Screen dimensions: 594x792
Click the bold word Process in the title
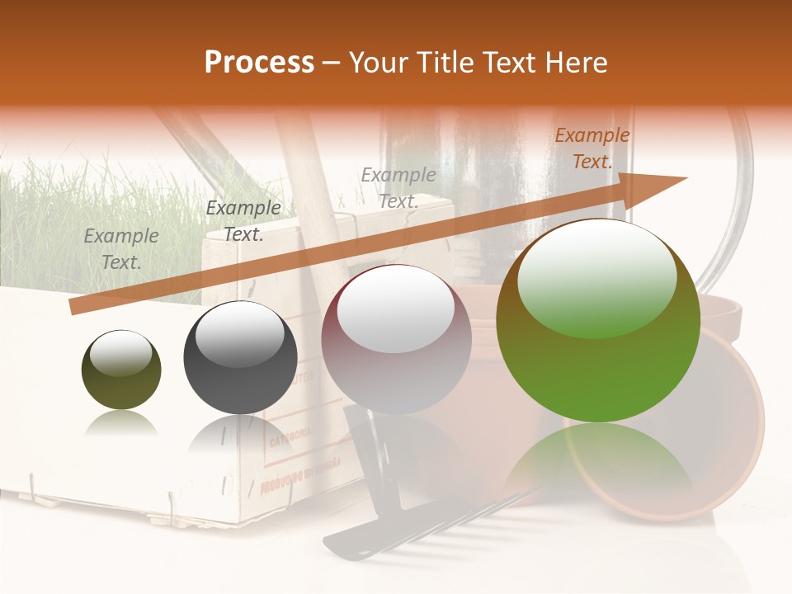259,63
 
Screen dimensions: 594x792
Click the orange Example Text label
592,148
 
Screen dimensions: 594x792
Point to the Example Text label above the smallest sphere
121,249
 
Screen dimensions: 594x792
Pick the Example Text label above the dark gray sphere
243,221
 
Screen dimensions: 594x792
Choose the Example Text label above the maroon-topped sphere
398,187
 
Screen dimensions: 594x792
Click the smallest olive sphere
121,370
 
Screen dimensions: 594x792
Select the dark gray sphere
240,358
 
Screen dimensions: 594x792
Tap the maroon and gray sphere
396,340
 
